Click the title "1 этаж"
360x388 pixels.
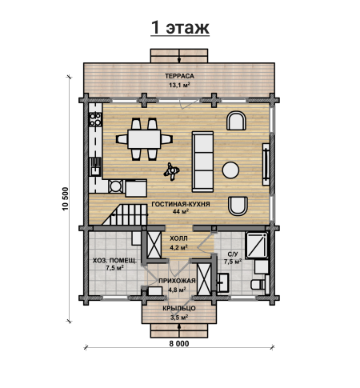[x=180, y=27]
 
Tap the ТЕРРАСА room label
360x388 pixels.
[x=179, y=76]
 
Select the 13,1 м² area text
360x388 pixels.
[x=179, y=86]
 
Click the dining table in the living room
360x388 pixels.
[x=144, y=139]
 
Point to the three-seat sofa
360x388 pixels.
[x=203, y=162]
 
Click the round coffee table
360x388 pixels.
[x=230, y=170]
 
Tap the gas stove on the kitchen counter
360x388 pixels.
[x=95, y=119]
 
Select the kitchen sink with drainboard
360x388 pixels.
[x=95, y=166]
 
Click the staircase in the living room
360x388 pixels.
[x=125, y=214]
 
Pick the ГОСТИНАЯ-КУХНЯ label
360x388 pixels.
[x=181, y=204]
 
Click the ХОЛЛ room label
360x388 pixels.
[x=178, y=238]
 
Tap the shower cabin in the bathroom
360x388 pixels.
[x=257, y=246]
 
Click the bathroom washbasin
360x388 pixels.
[x=223, y=282]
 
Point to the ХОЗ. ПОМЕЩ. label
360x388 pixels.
[x=114, y=261]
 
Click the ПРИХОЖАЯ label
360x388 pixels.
[x=177, y=281]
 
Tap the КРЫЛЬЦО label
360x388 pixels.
[x=179, y=308]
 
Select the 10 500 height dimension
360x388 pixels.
[x=66, y=199]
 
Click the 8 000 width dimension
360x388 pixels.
[x=179, y=344]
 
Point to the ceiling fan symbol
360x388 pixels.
[x=171, y=171]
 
